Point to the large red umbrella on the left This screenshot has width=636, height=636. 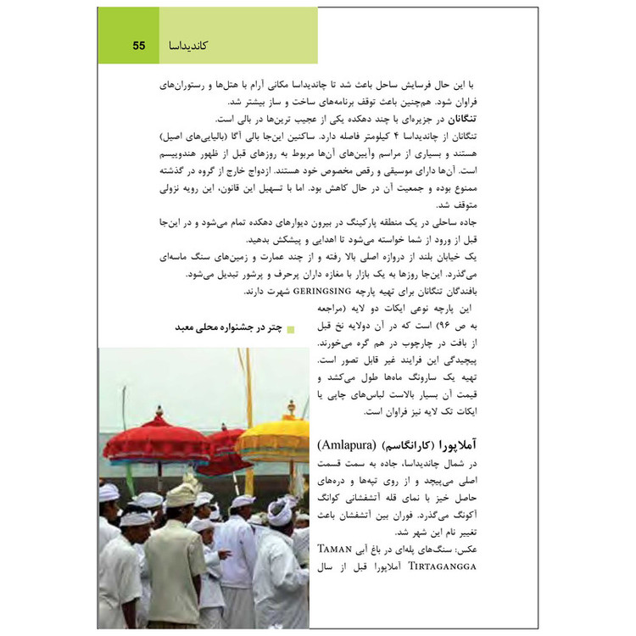157,441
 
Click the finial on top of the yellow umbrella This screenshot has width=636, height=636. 291,410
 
